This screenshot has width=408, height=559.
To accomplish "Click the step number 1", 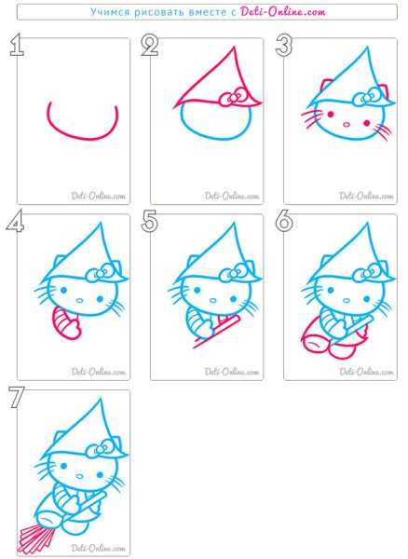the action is coord(17,45).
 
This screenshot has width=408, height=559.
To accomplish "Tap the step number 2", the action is coord(150,45).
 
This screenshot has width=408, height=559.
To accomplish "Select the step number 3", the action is coord(284,45).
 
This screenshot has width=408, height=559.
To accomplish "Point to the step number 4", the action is coord(15,221).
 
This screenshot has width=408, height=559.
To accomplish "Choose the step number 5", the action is coord(150,221).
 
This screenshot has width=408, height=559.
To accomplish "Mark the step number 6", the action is coord(284,221).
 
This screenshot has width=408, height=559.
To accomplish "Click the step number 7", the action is coord(17,397).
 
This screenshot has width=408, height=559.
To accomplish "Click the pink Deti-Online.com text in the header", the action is coord(283,12).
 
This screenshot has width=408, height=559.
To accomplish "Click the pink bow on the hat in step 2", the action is coord(233,98).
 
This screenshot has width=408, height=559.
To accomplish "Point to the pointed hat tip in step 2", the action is coord(234,47).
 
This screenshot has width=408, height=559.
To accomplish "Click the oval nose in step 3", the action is coord(347,125).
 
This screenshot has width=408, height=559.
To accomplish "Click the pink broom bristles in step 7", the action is coord(36,539).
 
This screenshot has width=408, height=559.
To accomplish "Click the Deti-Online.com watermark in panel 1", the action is coord(99,196).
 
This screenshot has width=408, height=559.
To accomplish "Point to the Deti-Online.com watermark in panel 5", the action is coord(232,372).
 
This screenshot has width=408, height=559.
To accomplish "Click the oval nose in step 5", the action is coord(213,300).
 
